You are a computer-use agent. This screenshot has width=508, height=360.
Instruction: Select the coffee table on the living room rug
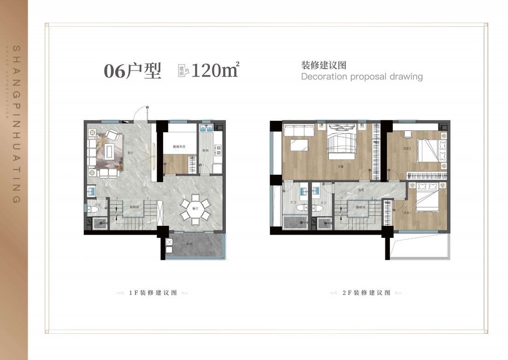tap(109, 150)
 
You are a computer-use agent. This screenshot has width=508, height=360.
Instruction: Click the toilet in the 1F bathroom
tap(93, 210)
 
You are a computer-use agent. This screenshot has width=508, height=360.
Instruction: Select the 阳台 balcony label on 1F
tap(189, 245)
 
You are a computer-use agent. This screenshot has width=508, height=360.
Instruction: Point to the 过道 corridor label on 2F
tap(361, 190)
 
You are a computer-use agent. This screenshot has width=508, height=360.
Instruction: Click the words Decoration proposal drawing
tap(361, 77)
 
